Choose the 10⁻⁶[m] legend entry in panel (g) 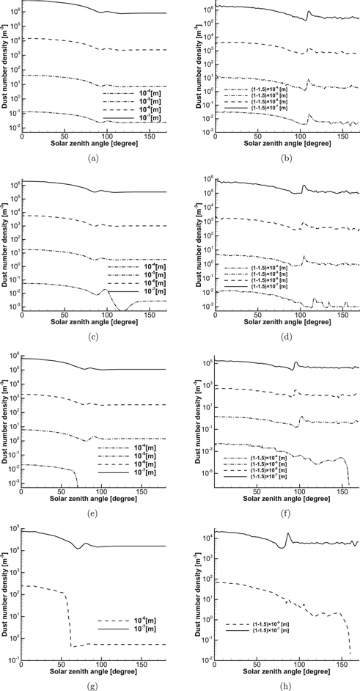(139, 621)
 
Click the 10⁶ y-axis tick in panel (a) (15, 13)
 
